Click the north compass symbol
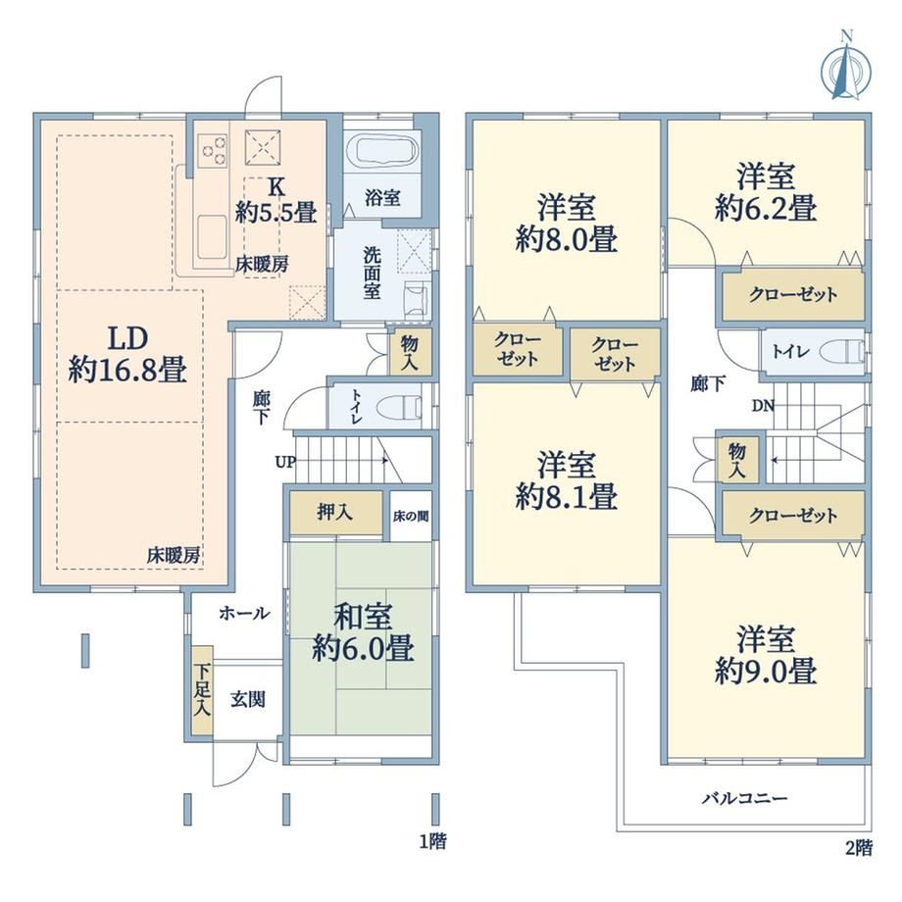pyautogui.click(x=845, y=68)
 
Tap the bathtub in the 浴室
pyautogui.click(x=382, y=151)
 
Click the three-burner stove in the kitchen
pyautogui.click(x=214, y=150)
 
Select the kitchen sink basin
pyautogui.click(x=213, y=236)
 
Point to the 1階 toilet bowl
pyautogui.click(x=398, y=408)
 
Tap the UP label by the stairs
pyautogui.click(x=285, y=462)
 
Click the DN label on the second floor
pyautogui.click(x=764, y=406)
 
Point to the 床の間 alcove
pyautogui.click(x=411, y=516)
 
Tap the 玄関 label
pyautogui.click(x=248, y=699)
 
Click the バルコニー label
pyautogui.click(x=744, y=798)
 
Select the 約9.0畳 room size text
pyautogui.click(x=766, y=671)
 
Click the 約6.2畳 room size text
pyautogui.click(x=766, y=207)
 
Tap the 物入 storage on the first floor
pyautogui.click(x=410, y=353)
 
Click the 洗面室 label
pyautogui.click(x=372, y=273)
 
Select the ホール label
pyautogui.click(x=244, y=613)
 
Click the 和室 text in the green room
pyautogui.click(x=363, y=617)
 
